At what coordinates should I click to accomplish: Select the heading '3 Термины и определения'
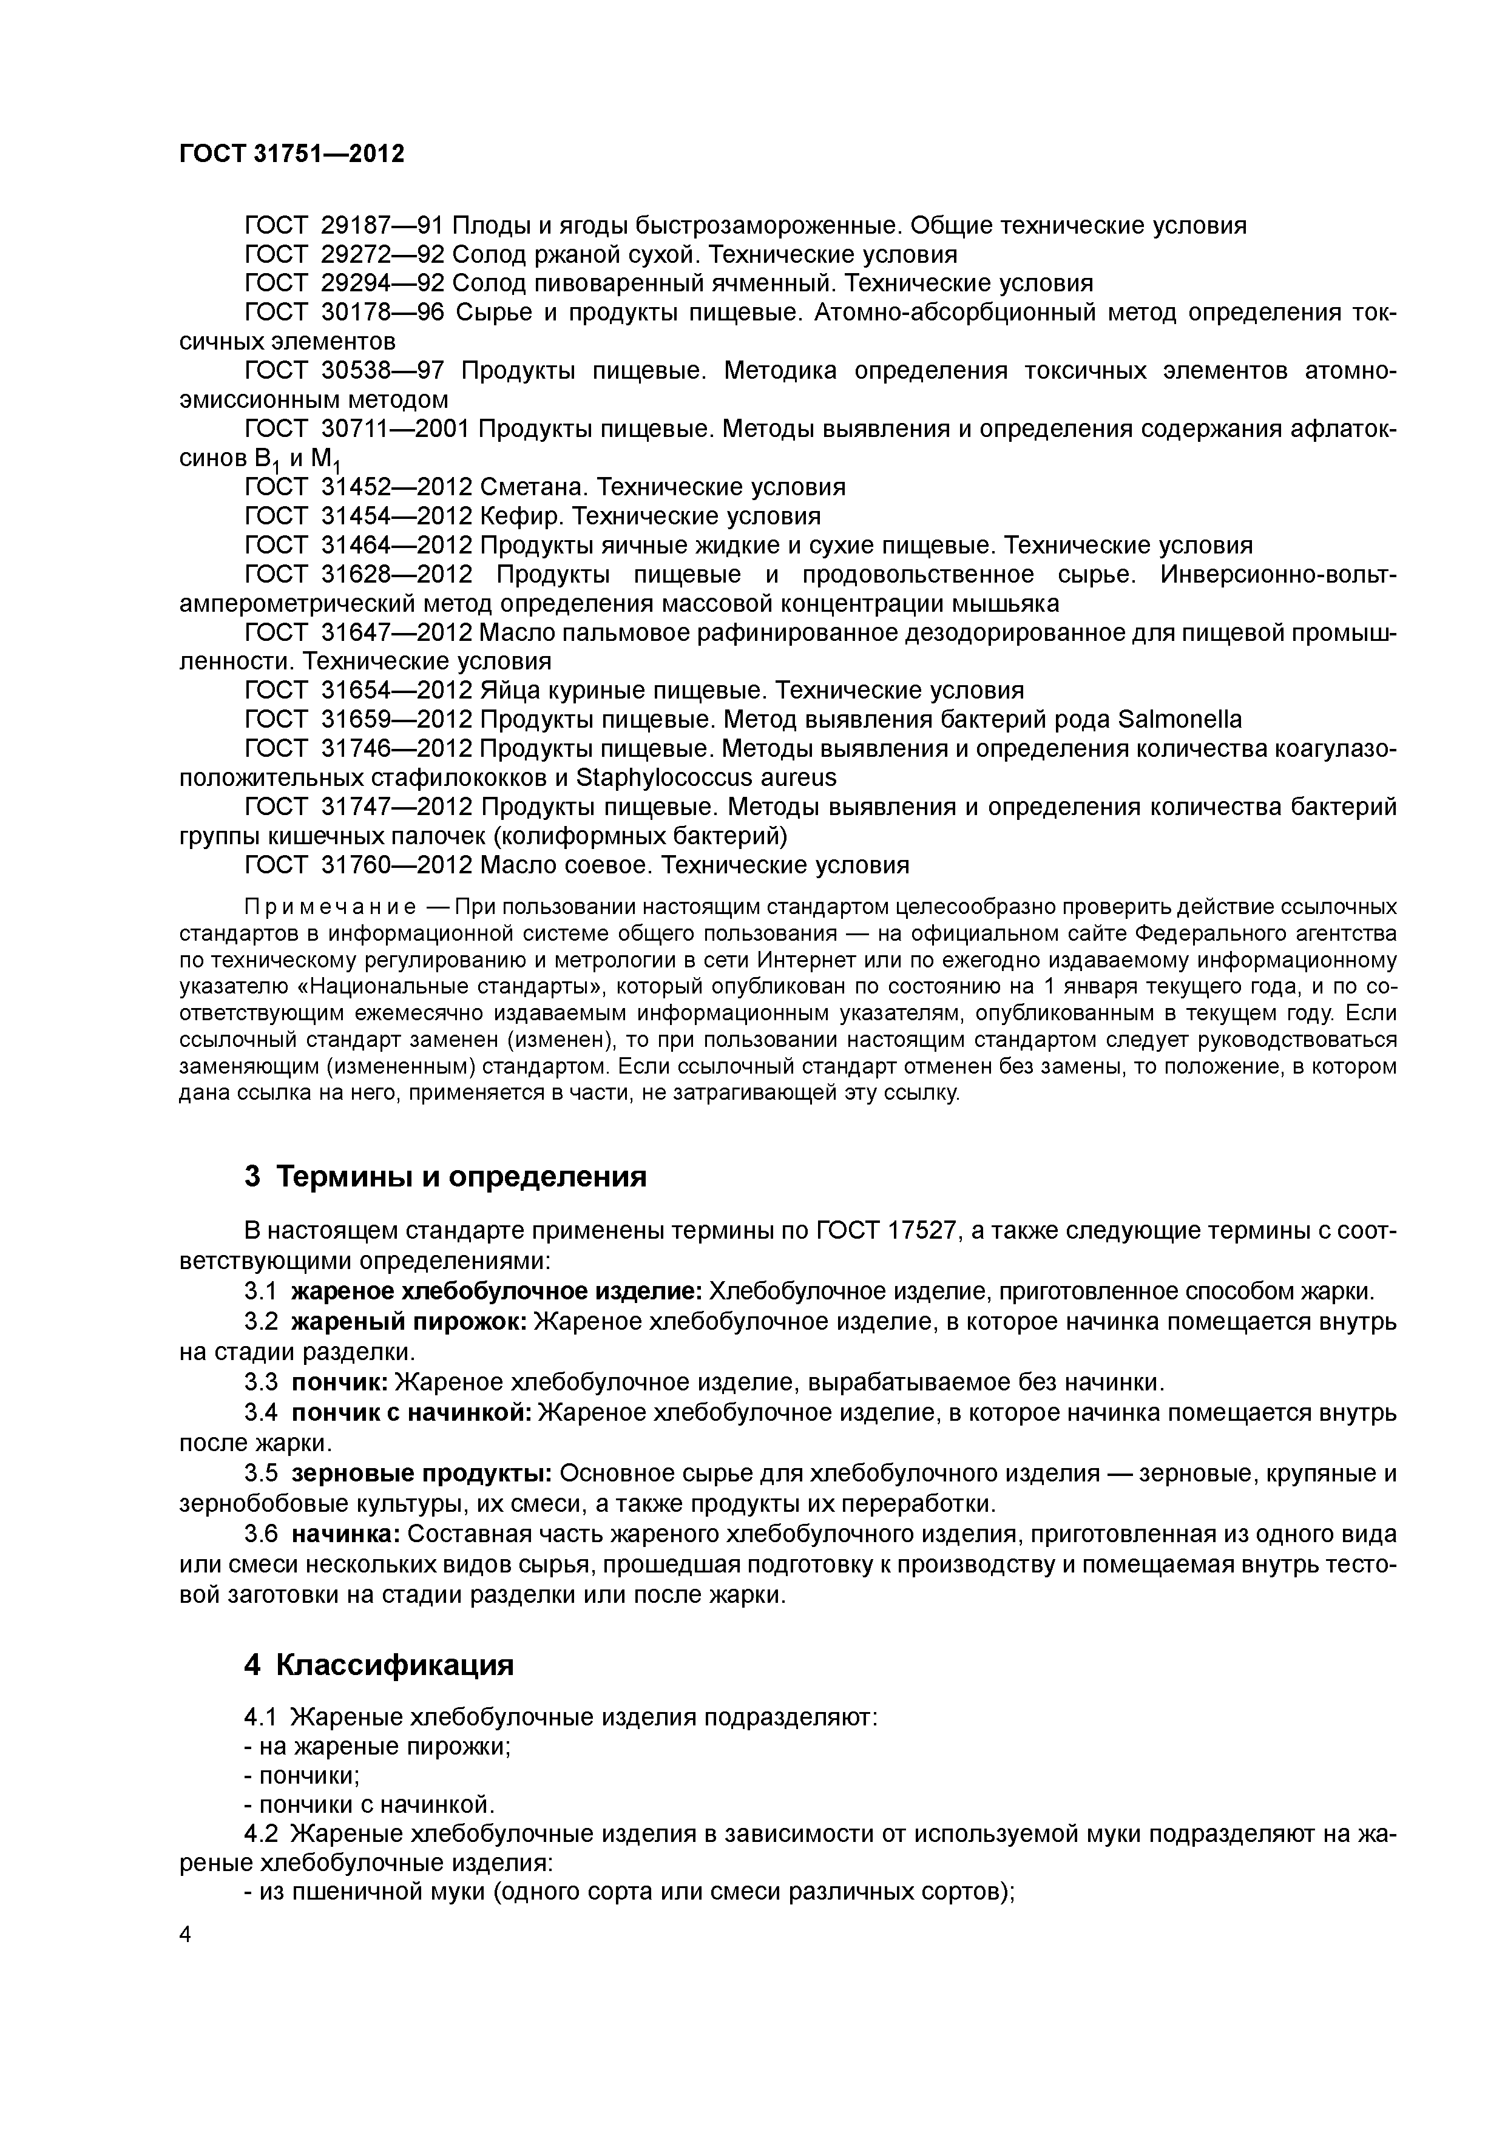(x=445, y=1177)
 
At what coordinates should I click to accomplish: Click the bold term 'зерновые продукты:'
(x=422, y=1474)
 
